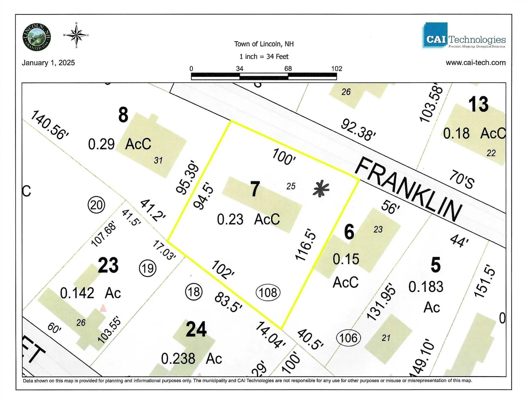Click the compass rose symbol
pyautogui.click(x=76, y=35)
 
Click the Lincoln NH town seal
pyautogui.click(x=36, y=37)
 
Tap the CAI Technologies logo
pyautogui.click(x=464, y=36)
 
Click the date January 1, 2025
pyautogui.click(x=48, y=63)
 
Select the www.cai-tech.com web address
pyautogui.click(x=476, y=63)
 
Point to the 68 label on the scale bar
pyautogui.click(x=288, y=68)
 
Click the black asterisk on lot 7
pyautogui.click(x=321, y=189)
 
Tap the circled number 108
pyautogui.click(x=268, y=293)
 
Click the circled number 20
pyautogui.click(x=96, y=205)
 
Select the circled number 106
pyautogui.click(x=348, y=338)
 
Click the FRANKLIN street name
pyautogui.click(x=408, y=189)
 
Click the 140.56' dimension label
pyautogui.click(x=49, y=125)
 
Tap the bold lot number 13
pyautogui.click(x=478, y=104)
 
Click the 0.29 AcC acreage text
pyautogui.click(x=119, y=144)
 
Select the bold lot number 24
pyautogui.click(x=196, y=329)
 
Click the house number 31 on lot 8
pyautogui.click(x=158, y=160)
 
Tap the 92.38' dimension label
pyautogui.click(x=358, y=130)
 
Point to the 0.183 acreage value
pyautogui.click(x=426, y=287)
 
